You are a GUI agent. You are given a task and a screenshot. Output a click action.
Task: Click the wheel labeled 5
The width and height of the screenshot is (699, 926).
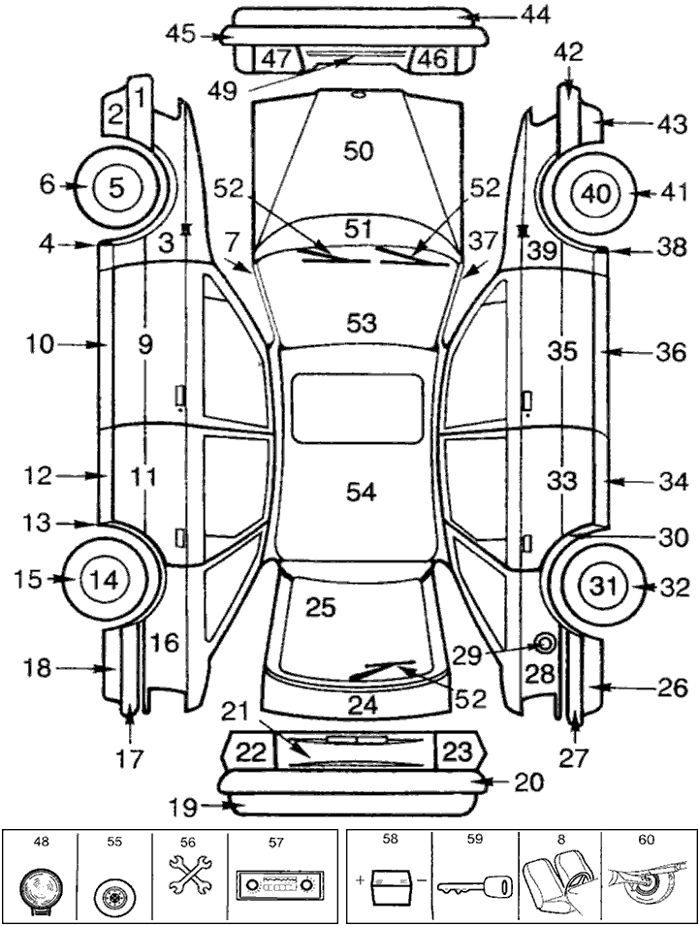(115, 187)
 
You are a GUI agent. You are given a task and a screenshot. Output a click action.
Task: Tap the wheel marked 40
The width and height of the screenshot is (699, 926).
(593, 193)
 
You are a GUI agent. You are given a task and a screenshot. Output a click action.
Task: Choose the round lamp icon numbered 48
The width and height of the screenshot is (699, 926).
(41, 888)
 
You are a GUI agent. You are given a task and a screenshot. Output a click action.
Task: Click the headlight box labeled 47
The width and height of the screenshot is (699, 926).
(275, 59)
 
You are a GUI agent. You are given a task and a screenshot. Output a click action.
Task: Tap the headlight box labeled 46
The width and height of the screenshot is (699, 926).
(431, 59)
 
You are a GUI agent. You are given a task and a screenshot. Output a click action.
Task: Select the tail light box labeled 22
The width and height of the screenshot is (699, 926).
(250, 751)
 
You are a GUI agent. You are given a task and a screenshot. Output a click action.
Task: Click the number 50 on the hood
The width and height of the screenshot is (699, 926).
(358, 150)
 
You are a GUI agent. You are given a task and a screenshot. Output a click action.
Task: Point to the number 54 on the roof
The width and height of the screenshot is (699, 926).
(361, 492)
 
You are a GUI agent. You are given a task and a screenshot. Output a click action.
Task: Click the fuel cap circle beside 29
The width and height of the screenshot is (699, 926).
(544, 644)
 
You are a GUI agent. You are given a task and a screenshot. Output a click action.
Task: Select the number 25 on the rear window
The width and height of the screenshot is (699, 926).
(320, 608)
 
